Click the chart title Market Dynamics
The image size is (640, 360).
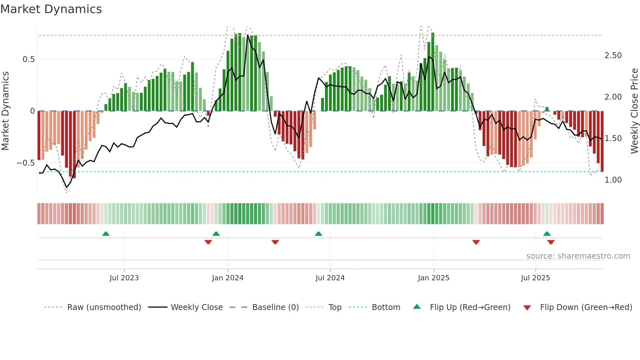51,9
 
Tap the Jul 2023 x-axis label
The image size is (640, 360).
124,278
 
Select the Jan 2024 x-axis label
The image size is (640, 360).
228,278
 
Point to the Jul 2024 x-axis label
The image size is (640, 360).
330,278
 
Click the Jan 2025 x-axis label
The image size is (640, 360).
433,278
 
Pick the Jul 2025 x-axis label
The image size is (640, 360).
535,278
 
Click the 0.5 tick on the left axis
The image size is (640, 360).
28,59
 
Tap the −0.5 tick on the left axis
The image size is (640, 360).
25,163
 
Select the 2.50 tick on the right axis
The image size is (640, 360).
613,56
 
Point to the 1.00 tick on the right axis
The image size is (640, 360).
613,180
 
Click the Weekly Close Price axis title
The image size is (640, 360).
634,111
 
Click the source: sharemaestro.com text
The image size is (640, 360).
578,256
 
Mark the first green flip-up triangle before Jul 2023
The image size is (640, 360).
106,234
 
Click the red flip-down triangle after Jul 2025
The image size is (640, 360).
551,242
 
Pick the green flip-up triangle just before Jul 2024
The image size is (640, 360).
318,234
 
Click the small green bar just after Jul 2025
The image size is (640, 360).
547,109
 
